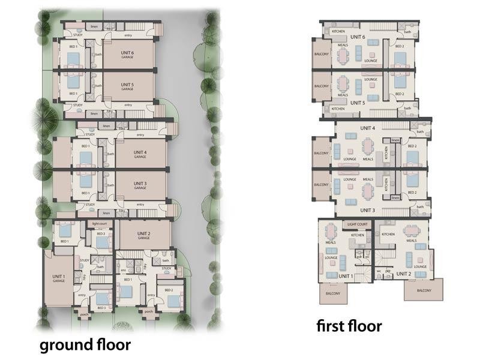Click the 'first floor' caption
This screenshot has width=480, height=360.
(349, 326)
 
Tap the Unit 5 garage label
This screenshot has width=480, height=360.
(127, 86)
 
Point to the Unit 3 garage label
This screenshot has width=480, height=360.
(140, 185)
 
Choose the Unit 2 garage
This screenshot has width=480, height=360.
(143, 235)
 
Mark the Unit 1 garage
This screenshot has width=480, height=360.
(58, 278)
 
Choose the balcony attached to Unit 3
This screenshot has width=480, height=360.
(321, 184)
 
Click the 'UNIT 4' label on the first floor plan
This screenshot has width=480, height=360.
(367, 128)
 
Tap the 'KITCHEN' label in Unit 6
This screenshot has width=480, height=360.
(338, 30)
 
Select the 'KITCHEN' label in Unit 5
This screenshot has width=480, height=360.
(338, 109)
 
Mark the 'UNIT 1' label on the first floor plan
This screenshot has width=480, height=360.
(345, 275)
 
